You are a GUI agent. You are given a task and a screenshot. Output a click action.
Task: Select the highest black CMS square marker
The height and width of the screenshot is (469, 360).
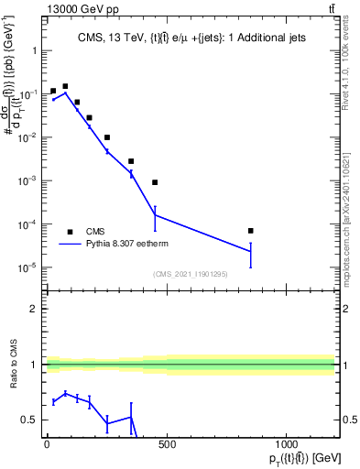click(x=65, y=86)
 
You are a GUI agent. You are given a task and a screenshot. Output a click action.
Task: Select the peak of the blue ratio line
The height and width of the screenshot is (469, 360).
click(x=65, y=394)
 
